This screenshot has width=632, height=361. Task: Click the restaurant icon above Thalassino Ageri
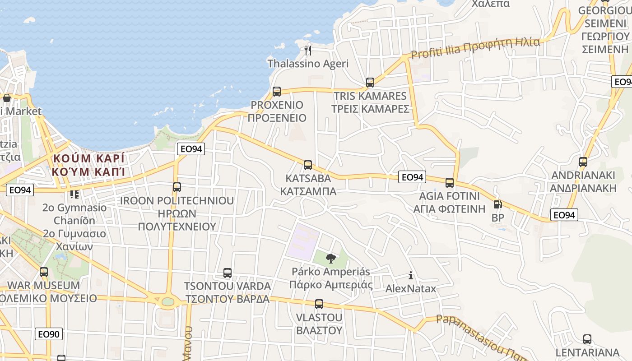[x=308, y=50]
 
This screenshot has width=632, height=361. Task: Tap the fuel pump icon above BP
[x=497, y=204]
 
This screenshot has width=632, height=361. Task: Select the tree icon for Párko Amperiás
[x=331, y=259]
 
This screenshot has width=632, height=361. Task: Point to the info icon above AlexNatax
[x=411, y=275]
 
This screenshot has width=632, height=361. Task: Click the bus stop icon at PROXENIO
[x=277, y=92]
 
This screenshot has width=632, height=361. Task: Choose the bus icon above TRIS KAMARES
[x=370, y=83]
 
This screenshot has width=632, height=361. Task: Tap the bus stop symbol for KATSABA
[x=308, y=165]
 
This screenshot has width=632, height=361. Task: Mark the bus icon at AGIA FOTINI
[x=450, y=183]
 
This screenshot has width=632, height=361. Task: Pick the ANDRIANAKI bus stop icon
[x=583, y=162]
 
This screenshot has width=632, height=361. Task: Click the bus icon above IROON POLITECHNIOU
[x=177, y=187]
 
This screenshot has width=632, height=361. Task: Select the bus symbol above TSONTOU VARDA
[x=228, y=273]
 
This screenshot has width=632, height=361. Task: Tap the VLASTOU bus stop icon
[x=319, y=304]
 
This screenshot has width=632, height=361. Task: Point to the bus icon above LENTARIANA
[x=587, y=339]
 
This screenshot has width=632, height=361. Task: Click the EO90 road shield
[x=49, y=334]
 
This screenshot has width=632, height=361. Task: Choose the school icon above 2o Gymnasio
[x=74, y=194]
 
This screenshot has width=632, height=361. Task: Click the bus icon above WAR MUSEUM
[x=44, y=272]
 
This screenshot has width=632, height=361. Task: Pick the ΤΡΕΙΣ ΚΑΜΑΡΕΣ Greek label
[x=370, y=109]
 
